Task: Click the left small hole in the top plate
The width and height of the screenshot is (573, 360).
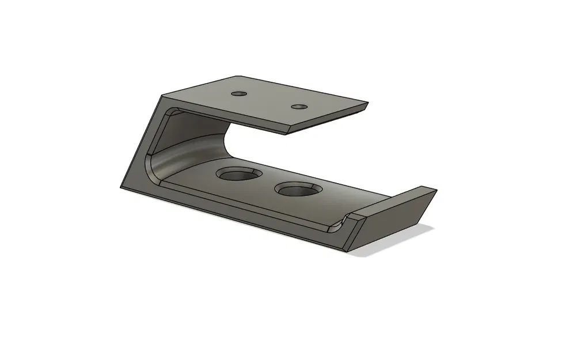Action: pos(238,93)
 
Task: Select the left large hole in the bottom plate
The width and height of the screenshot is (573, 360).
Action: pos(237,173)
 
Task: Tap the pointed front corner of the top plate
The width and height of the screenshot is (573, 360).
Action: pos(286,134)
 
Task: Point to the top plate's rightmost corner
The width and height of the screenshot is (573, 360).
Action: pos(367,105)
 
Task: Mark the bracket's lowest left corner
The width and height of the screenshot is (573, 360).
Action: pos(120,189)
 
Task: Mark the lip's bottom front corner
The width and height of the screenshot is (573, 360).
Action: pos(348,251)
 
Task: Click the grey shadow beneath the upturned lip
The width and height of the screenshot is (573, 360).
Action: pos(403,242)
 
